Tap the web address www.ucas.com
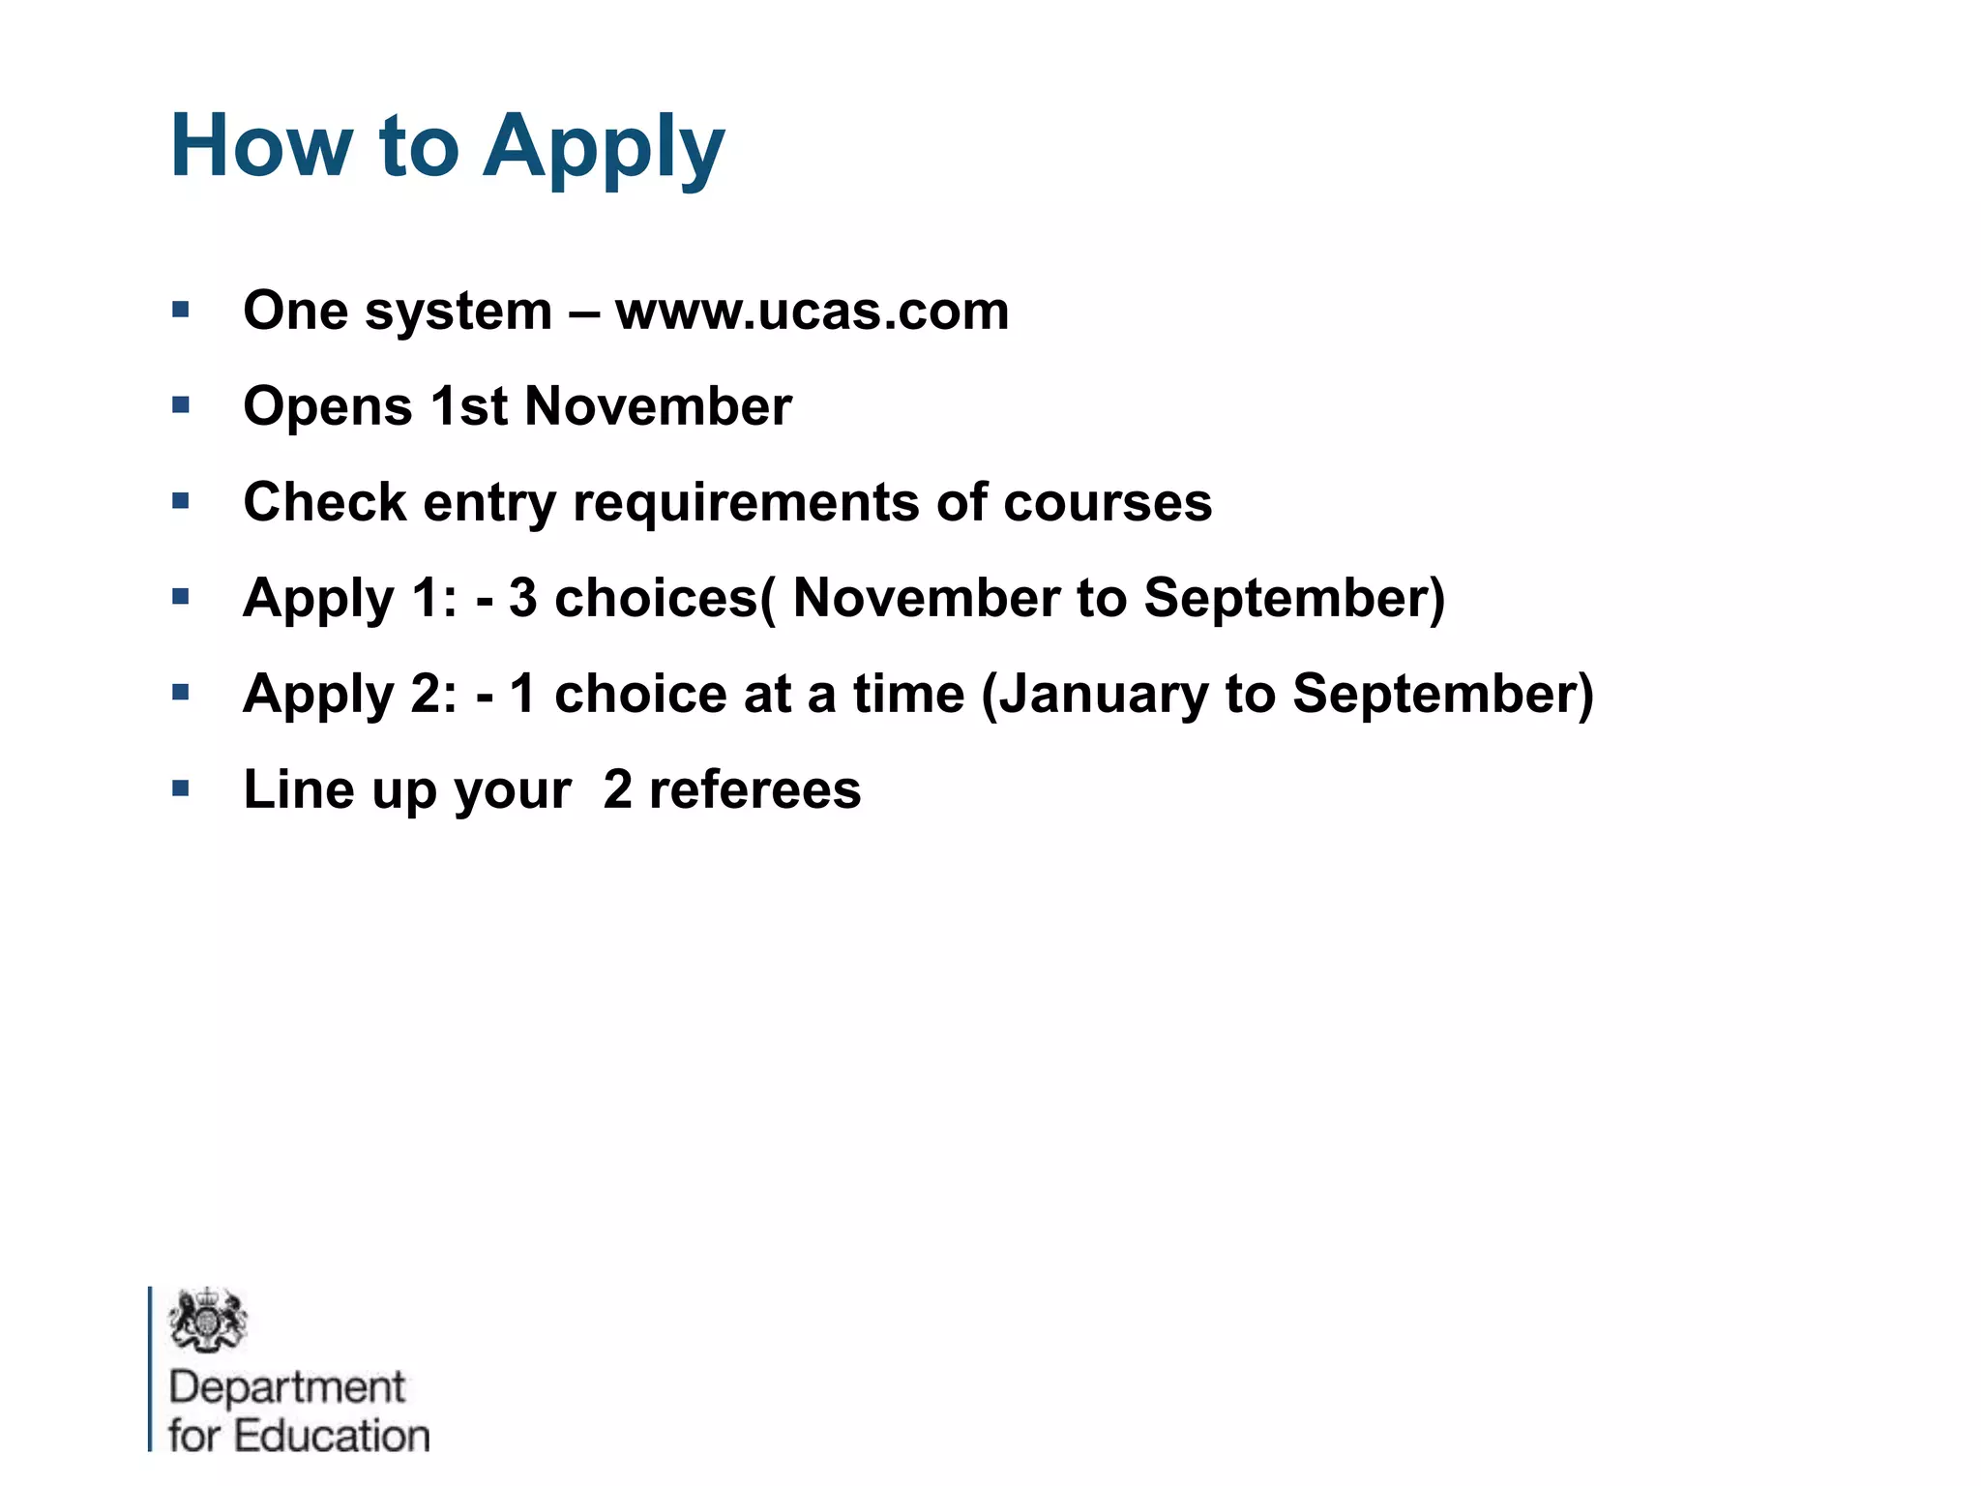click(812, 311)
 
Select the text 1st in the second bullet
click(469, 405)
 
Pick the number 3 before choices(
click(522, 597)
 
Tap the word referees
click(754, 789)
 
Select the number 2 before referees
click(617, 789)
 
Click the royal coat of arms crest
click(207, 1321)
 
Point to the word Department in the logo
click(286, 1387)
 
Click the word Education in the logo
click(332, 1436)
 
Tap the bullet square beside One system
click(181, 310)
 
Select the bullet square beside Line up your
click(181, 788)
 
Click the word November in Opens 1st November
click(658, 405)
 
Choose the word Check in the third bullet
click(325, 502)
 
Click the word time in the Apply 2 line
click(908, 694)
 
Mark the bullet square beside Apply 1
click(181, 597)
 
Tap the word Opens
click(328, 407)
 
